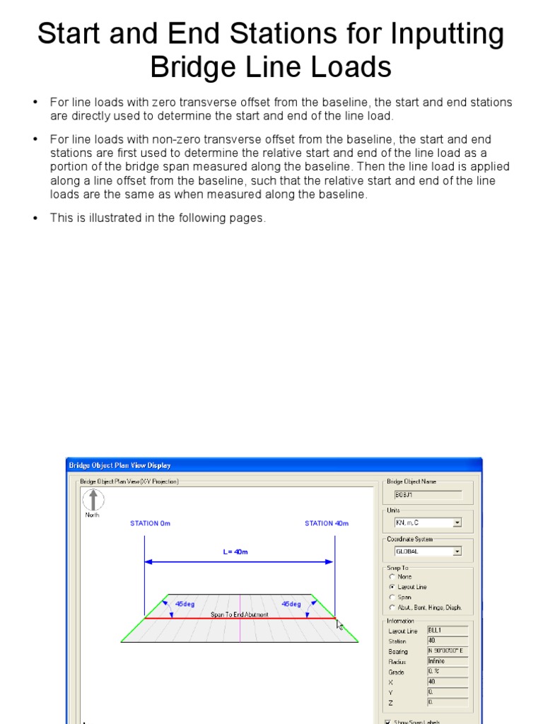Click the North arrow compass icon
click(x=93, y=500)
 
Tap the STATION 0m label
click(x=150, y=523)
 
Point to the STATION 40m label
click(x=326, y=523)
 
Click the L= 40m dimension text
click(x=235, y=551)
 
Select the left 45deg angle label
click(x=185, y=604)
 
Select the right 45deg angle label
click(x=291, y=604)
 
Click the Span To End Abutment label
click(x=240, y=615)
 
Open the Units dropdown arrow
click(x=457, y=523)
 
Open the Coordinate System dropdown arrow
click(x=457, y=551)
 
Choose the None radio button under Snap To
click(x=392, y=577)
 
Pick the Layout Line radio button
click(x=392, y=587)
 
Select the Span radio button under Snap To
click(x=392, y=597)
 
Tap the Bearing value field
click(x=447, y=650)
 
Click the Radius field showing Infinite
click(x=447, y=661)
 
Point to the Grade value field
click(x=447, y=672)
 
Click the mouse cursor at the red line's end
click(x=339, y=625)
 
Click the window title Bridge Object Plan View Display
click(x=119, y=465)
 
